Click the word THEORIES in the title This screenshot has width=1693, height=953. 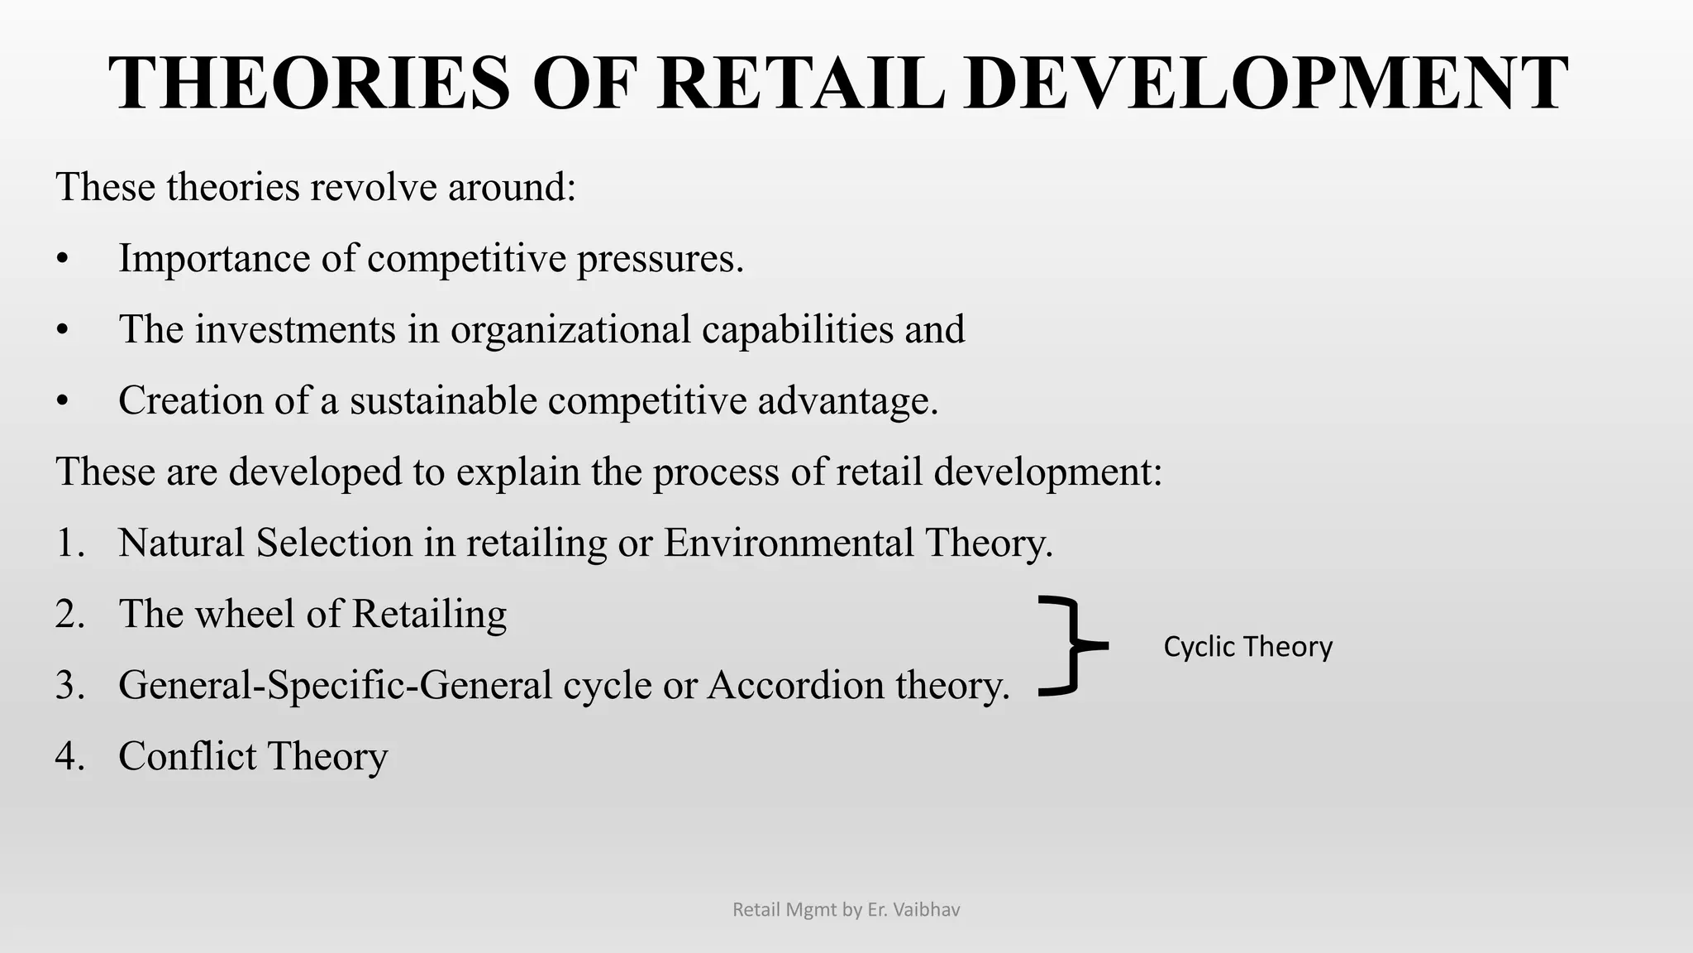310,83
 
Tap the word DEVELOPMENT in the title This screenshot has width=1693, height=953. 1264,83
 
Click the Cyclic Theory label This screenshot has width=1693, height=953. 1247,646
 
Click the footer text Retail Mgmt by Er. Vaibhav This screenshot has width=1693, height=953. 846,910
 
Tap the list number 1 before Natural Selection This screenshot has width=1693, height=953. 69,544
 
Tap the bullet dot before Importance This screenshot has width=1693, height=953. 62,260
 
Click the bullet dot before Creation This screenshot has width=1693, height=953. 62,402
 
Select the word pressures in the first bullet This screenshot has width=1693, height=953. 660,259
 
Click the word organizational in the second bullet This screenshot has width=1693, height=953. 570,329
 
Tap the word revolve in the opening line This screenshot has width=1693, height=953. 374,187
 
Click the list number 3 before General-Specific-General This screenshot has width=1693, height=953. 69,686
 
